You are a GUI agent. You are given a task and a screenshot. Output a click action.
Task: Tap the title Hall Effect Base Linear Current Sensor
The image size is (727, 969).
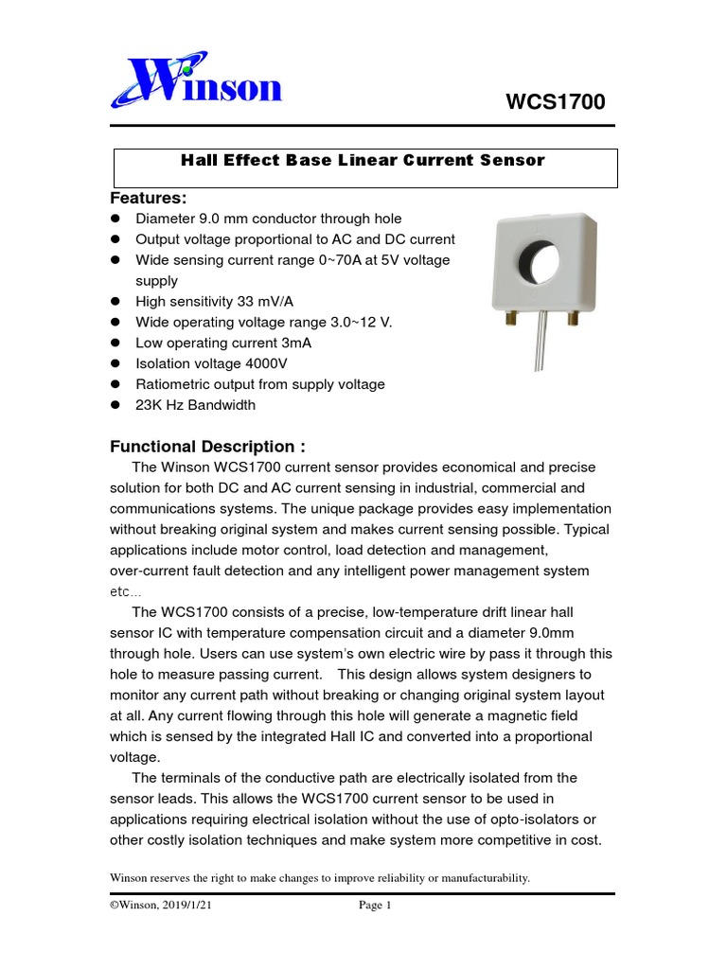[x=363, y=160]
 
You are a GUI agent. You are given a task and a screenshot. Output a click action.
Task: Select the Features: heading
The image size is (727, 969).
[x=149, y=198]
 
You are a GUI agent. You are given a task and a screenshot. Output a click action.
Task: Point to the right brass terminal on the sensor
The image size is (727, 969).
[x=573, y=321]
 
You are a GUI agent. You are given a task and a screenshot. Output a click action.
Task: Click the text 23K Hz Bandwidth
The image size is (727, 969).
[x=196, y=405]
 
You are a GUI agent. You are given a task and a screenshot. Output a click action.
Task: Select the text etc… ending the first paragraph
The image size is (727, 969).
[x=125, y=591]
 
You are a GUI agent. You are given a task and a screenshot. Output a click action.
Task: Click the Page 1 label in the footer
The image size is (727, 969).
[x=375, y=906]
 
